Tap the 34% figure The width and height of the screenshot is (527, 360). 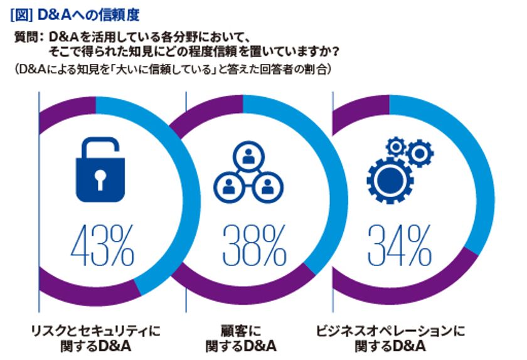[x=399, y=246]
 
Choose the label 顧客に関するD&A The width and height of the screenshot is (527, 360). [x=241, y=337]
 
